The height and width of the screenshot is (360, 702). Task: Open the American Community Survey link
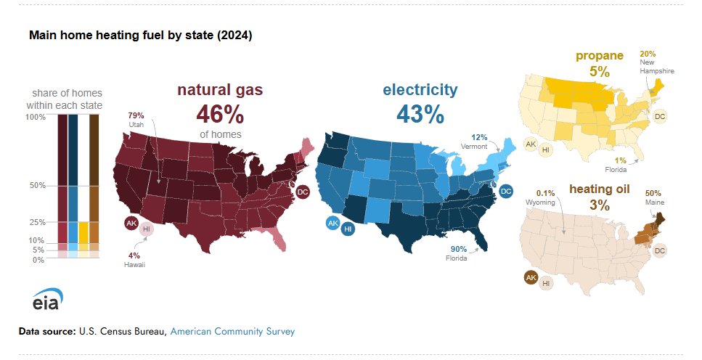tap(232, 331)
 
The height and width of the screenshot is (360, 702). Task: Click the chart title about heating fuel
tap(140, 35)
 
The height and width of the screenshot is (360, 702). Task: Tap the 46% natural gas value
tap(219, 115)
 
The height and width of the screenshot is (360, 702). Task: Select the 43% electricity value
tap(420, 113)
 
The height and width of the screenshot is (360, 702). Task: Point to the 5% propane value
tap(600, 71)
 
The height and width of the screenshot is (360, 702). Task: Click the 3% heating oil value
tap(599, 205)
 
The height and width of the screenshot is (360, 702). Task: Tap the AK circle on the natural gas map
tap(131, 223)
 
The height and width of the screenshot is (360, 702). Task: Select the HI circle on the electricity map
tap(348, 229)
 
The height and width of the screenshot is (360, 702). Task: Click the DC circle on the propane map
tap(659, 116)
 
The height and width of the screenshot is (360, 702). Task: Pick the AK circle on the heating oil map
tap(531, 277)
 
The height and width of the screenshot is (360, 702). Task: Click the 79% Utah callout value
tap(136, 115)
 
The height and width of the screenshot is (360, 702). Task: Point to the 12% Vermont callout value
tap(479, 137)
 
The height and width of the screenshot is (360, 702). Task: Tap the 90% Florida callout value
tap(457, 249)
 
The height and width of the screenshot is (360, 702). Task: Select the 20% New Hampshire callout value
tap(648, 54)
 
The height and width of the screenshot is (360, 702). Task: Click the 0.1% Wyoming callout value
tap(546, 192)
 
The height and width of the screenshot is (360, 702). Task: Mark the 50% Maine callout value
tap(653, 193)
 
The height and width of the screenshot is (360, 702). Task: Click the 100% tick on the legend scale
tap(36, 118)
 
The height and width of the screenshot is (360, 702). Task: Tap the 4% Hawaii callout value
tap(134, 255)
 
